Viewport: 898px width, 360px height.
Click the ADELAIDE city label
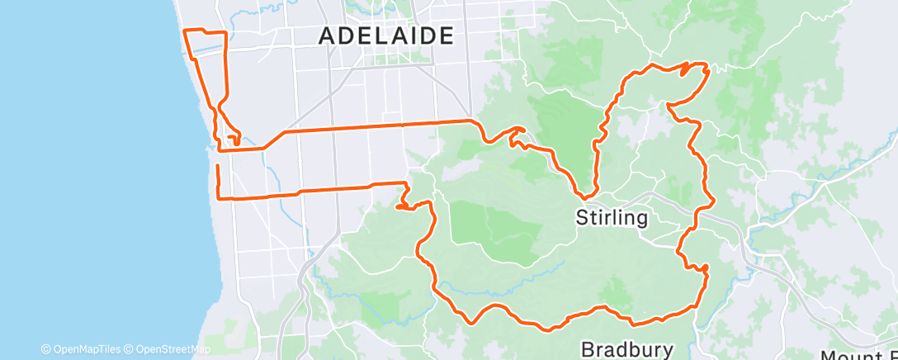(x=386, y=36)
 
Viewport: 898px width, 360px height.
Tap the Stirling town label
(x=612, y=218)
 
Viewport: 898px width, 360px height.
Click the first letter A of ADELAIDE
(x=327, y=36)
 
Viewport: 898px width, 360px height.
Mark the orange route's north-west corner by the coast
(x=183, y=31)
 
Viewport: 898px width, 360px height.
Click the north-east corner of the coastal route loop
(x=225, y=32)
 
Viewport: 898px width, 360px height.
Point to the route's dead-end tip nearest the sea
(x=217, y=166)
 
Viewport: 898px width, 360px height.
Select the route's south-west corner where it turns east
(x=218, y=198)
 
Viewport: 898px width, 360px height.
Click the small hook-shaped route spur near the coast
(x=236, y=139)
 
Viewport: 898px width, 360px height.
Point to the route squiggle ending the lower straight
(x=404, y=198)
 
